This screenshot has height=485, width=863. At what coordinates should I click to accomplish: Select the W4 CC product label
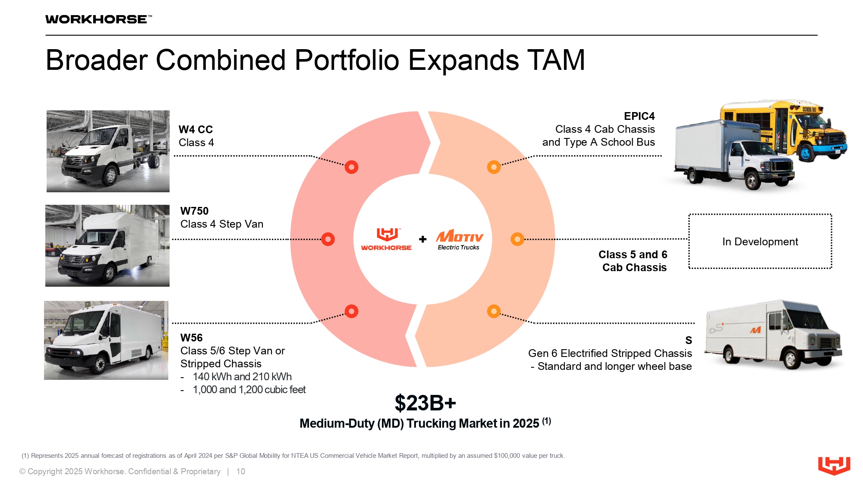coord(195,129)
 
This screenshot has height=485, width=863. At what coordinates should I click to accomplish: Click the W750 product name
coord(194,211)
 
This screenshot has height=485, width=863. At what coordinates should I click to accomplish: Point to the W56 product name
coord(191,338)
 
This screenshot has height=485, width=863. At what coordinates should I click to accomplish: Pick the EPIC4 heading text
coord(639,116)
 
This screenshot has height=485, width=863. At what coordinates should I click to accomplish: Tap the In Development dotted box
coord(760,241)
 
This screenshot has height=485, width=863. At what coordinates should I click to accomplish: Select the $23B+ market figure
coord(425,403)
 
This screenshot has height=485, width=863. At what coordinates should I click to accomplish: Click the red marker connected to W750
coord(328,239)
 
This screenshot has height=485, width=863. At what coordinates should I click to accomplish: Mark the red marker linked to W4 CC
coord(352,167)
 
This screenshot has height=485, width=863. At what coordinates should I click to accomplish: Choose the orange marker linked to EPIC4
coord(494,167)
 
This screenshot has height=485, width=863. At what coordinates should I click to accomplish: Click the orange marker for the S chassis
coord(494,311)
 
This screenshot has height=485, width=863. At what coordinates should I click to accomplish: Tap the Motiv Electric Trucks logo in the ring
coord(459,239)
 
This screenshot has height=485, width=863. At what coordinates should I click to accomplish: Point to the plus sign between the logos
coord(423,239)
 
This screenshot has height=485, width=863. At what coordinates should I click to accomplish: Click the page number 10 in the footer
coord(240,471)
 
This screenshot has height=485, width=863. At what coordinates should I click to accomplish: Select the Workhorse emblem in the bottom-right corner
coord(834,466)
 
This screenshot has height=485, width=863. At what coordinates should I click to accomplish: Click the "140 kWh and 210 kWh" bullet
coord(242,376)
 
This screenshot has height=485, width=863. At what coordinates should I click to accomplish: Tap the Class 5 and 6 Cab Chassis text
coord(633,261)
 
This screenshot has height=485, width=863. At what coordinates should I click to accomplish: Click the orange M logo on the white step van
coord(755,330)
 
